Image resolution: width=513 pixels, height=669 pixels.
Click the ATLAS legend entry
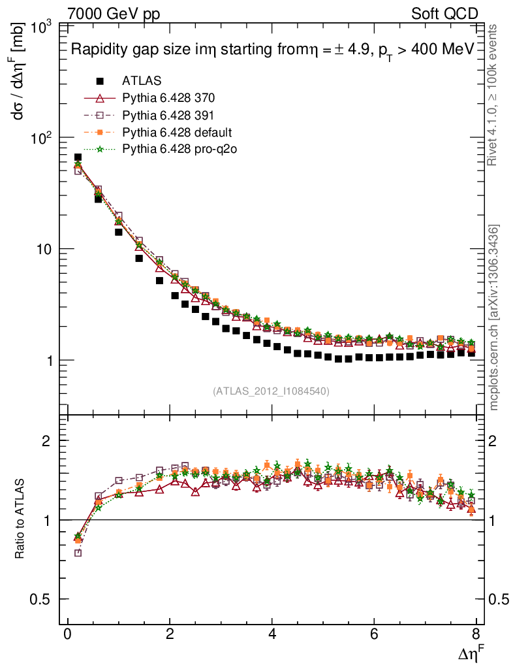click(x=142, y=81)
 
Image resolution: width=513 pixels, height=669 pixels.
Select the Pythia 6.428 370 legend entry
click(x=168, y=98)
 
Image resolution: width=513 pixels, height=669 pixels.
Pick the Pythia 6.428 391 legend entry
click(x=168, y=115)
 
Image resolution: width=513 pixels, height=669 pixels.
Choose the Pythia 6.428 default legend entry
click(x=177, y=132)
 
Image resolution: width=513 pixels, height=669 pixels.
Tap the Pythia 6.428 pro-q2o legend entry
click(x=179, y=149)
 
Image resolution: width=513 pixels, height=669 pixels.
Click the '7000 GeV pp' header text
click(x=114, y=14)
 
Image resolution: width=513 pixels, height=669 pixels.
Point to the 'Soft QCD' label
click(x=445, y=14)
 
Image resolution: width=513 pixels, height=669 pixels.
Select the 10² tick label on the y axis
click(x=42, y=139)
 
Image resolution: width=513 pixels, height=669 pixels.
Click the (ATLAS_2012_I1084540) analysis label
click(x=271, y=391)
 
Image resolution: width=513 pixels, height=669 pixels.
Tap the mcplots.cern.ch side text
click(x=494, y=318)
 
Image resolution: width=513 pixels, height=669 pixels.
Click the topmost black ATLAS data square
click(x=78, y=157)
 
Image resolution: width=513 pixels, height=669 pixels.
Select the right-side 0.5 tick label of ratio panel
click(x=499, y=599)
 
